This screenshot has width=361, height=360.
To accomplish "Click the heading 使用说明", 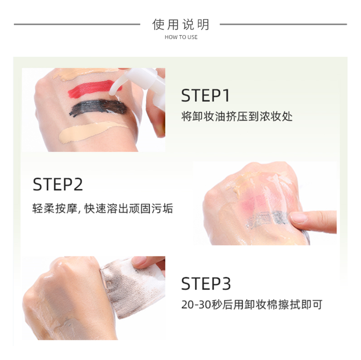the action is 180,24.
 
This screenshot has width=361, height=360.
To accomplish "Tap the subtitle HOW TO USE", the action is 181,37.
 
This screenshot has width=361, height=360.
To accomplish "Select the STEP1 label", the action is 205,95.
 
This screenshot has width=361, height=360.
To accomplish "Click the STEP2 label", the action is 57,184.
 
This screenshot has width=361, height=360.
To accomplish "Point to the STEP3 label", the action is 206,283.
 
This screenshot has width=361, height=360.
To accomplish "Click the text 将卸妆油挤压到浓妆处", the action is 237,117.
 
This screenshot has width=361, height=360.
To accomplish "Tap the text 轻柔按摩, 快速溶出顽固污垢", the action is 102,209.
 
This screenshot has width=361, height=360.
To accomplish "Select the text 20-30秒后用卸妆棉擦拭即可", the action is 252,305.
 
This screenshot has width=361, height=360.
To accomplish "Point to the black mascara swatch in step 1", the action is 98,107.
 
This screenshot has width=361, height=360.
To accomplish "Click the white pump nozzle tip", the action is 113,90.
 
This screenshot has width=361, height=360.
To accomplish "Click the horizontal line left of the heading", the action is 77,24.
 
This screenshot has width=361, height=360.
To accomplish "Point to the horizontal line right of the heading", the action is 283,24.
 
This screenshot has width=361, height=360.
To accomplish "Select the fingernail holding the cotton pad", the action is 139,261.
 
